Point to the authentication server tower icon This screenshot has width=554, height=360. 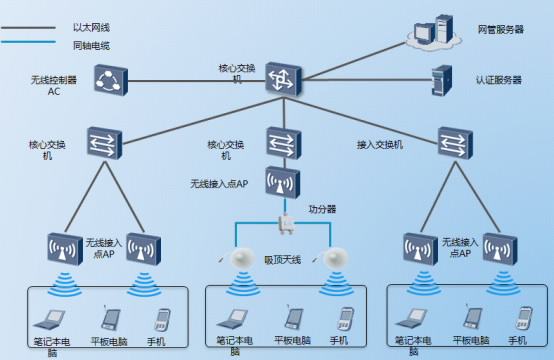pyautogui.click(x=437, y=78)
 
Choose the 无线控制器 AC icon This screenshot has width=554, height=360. pyautogui.click(x=107, y=79)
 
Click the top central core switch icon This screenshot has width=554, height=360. pyautogui.click(x=282, y=79)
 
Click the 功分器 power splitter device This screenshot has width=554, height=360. pyautogui.click(x=284, y=225)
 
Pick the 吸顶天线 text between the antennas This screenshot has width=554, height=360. pyautogui.click(x=283, y=259)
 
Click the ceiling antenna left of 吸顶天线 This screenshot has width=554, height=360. pyautogui.click(x=241, y=258)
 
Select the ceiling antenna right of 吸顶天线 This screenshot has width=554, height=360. pyautogui.click(x=335, y=258)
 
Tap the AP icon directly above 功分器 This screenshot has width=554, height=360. pyautogui.click(x=282, y=183)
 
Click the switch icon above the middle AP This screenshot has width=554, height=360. pyautogui.click(x=282, y=141)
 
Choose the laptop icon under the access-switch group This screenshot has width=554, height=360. pyautogui.click(x=411, y=320)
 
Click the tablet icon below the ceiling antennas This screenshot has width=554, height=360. pyautogui.click(x=293, y=319)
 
